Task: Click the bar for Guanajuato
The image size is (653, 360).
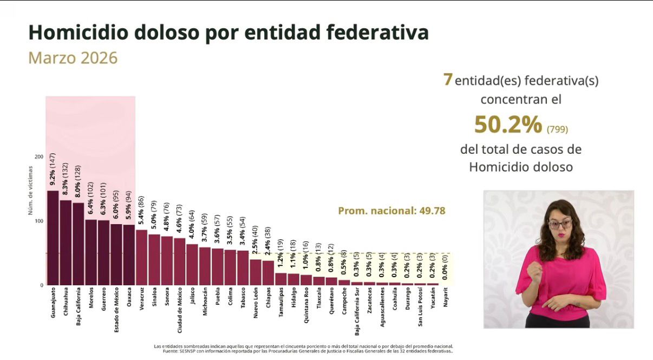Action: pos(53,238)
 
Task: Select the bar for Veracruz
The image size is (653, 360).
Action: pos(141,258)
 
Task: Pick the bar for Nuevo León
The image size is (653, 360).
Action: pos(256,272)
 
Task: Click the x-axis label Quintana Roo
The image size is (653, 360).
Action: pos(306,305)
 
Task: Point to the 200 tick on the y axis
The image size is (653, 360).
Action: pos(38,156)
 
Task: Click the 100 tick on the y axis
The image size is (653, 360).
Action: pos(38,221)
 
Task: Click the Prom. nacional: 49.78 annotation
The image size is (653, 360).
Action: pos(391,211)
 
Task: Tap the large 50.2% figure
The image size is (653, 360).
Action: pos(507,125)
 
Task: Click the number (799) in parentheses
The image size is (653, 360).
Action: pos(557,129)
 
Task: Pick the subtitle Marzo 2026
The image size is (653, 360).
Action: pos(73,58)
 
